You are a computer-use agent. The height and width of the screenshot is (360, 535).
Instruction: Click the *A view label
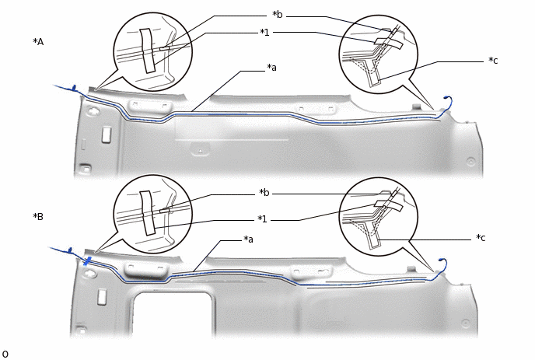pos(38,42)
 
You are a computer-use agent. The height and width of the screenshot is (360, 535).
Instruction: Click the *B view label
pos(38,216)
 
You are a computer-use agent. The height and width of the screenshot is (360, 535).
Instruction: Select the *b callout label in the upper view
pos(278,15)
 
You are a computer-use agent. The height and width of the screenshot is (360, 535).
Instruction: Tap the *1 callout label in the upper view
pos(264,33)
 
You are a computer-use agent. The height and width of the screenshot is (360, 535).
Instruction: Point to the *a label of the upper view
pos(271,68)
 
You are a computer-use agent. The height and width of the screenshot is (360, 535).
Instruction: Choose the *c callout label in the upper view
pos(493,61)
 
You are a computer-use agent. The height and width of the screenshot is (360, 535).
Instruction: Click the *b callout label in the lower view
pos(264,193)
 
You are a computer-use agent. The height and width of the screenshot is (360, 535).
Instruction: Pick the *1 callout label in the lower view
pos(262,218)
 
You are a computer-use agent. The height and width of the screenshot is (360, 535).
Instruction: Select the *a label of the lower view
pos(248,239)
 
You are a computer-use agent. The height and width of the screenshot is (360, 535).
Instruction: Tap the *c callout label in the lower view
pos(481,238)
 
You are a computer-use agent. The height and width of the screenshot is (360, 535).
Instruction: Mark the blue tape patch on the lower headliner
pos(87,261)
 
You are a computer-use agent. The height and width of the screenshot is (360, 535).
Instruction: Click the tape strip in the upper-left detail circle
pos(148,51)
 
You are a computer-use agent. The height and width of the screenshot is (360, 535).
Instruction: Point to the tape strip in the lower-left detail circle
pos(148,212)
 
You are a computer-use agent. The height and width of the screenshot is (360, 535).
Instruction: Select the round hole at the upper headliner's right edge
pos(471,162)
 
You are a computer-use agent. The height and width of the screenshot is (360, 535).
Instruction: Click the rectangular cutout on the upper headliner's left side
pos(107,134)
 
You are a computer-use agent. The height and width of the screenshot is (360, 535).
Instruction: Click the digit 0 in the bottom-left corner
pos(5,355)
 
